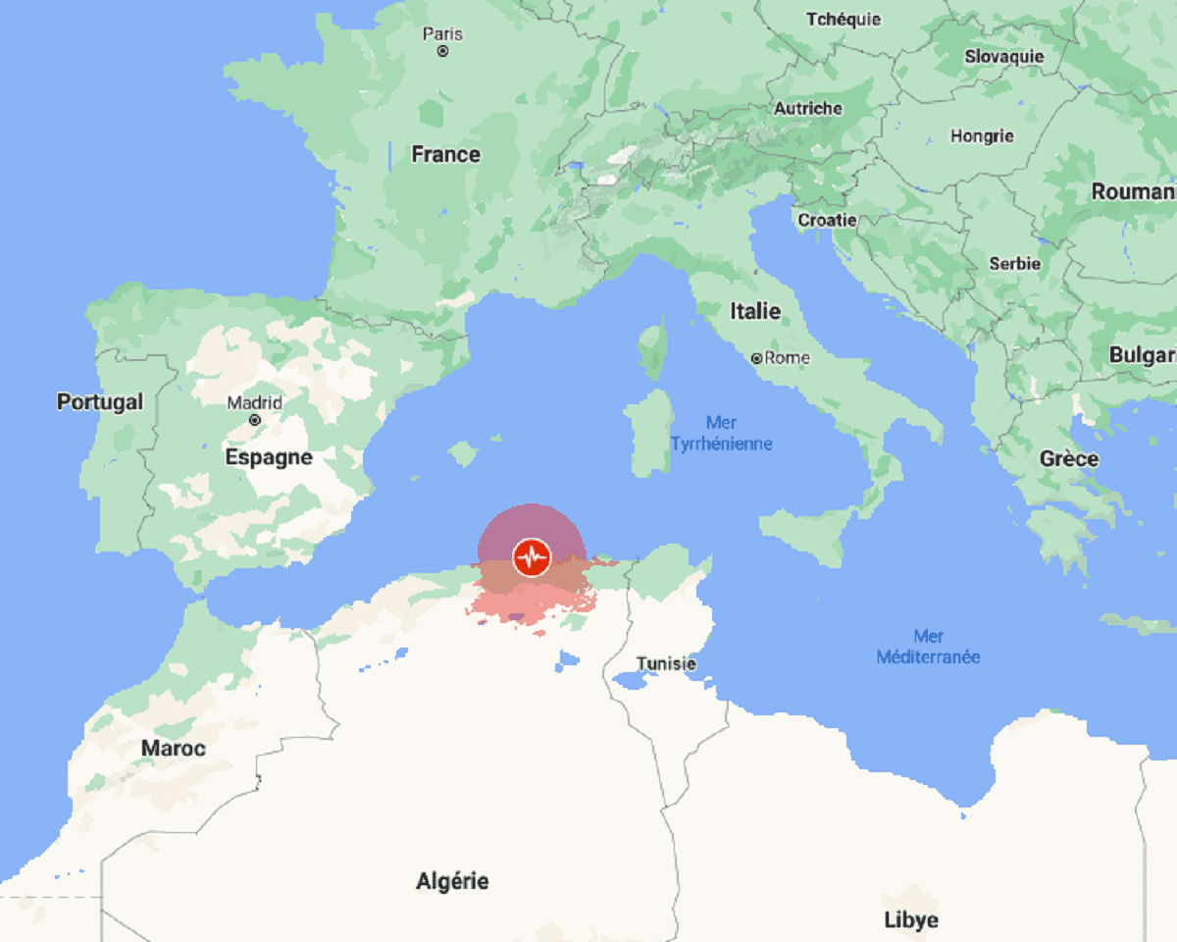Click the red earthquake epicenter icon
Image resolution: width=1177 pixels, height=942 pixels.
click(x=532, y=557)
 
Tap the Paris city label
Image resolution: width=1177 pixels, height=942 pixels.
click(x=442, y=33)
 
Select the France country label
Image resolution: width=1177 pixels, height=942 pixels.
click(x=445, y=154)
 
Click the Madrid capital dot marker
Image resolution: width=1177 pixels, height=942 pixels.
click(x=255, y=420)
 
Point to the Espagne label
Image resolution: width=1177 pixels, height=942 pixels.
click(x=269, y=457)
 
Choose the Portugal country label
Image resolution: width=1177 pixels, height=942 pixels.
click(x=100, y=401)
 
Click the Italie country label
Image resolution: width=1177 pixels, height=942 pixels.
click(x=755, y=311)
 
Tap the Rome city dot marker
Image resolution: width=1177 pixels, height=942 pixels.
click(x=756, y=359)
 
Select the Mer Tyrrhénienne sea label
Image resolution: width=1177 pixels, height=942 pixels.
click(x=721, y=433)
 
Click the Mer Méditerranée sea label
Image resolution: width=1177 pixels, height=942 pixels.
click(x=928, y=647)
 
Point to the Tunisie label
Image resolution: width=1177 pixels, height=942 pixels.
click(x=666, y=663)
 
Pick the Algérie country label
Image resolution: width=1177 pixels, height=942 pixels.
click(x=452, y=881)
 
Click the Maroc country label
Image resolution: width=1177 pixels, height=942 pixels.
click(x=174, y=748)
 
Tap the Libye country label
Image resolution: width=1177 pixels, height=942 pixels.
click(x=911, y=919)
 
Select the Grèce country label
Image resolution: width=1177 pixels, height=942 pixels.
click(x=1069, y=458)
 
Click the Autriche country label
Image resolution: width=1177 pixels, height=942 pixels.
click(x=808, y=108)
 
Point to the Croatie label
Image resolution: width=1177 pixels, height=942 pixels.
click(x=827, y=220)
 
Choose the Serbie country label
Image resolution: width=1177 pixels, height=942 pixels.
click(x=1014, y=263)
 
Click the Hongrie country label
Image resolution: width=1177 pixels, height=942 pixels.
click(x=982, y=136)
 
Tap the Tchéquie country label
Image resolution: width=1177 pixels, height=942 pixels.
click(x=844, y=19)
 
